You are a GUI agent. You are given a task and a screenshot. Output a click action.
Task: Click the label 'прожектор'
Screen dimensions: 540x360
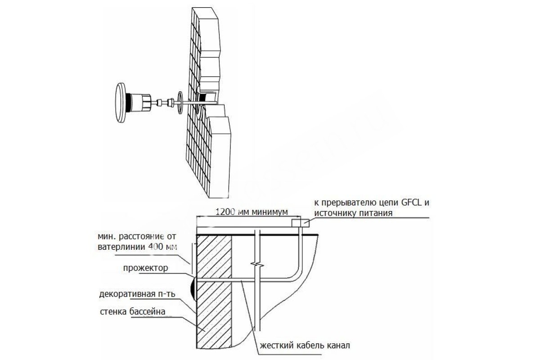145,268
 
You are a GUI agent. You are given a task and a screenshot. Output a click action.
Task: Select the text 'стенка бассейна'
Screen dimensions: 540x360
133,311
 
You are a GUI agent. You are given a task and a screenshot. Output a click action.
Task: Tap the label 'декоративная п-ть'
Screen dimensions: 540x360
137,294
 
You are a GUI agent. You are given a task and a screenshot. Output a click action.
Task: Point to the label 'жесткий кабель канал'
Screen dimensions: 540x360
305,346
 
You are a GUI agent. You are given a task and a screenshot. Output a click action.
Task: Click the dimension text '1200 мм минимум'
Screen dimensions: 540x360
252,212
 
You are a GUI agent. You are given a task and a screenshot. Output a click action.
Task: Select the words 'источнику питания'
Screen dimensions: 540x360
353,213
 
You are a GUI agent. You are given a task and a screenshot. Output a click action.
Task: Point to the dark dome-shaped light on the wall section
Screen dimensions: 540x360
193,289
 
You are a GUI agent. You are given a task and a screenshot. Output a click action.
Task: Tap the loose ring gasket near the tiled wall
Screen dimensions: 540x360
180,103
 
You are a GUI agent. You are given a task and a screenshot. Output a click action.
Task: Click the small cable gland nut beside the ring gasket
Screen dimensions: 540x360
171,103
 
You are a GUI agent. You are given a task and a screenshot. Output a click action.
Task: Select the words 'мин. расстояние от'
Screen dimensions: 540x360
137,236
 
